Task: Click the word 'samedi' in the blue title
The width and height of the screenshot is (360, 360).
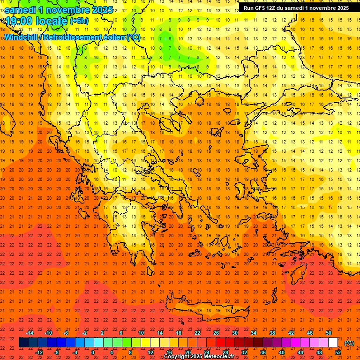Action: point(22,10)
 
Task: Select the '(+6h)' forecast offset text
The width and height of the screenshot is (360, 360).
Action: point(78,21)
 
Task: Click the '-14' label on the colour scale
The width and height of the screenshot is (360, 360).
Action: point(30,333)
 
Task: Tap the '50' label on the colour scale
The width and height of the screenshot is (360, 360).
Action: point(328,333)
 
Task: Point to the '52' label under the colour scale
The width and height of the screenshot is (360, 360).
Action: point(337,352)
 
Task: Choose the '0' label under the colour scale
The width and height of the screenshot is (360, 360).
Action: point(93,352)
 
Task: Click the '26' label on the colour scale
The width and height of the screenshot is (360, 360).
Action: point(216,333)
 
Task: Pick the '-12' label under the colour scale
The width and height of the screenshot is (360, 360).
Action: point(39,352)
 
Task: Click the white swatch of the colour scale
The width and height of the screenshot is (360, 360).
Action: point(333,343)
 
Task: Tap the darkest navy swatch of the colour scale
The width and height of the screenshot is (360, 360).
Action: point(23,343)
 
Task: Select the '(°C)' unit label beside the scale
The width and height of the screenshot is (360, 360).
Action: point(349,343)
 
